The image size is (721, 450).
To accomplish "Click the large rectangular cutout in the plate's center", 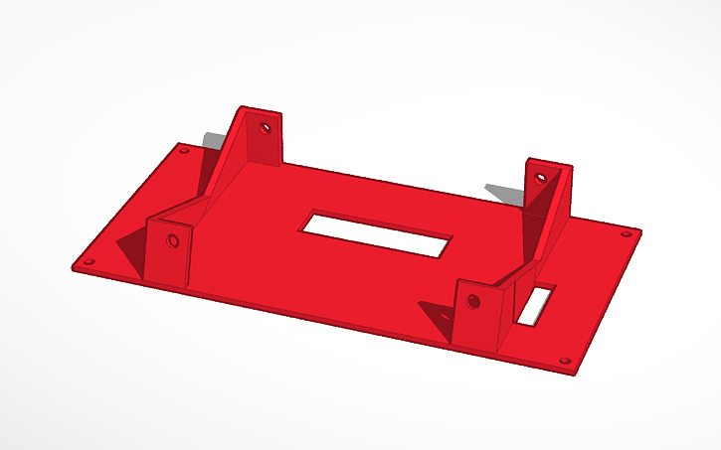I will [x=377, y=234].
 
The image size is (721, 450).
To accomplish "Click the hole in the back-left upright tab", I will [x=266, y=128].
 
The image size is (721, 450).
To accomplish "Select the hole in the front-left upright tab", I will [x=174, y=240].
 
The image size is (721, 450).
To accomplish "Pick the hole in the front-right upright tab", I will [x=473, y=300].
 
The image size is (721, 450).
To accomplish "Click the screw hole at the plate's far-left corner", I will [x=183, y=151].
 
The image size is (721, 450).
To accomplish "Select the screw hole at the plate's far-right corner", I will [x=626, y=234].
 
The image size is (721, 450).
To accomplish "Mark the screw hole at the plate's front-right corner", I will [x=566, y=363].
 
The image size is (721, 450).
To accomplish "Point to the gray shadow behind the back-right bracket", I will [x=503, y=190].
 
